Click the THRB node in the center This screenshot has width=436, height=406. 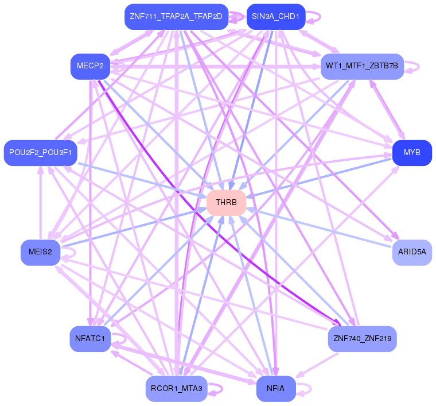tap(226, 203)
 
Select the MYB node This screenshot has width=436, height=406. tap(412, 153)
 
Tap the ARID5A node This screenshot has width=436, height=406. tap(412, 252)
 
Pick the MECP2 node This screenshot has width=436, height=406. tap(90, 67)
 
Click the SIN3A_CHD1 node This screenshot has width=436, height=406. tap(275, 17)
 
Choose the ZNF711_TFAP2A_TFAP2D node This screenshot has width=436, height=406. tap(176, 17)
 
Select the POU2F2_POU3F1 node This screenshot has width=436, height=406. tap(40, 153)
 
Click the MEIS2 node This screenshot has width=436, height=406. tap(40, 252)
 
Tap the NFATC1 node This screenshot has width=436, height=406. tap(90, 339)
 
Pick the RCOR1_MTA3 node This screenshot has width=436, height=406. tap(176, 389)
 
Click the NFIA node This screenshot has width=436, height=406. tap(275, 389)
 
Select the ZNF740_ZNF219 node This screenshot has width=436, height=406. tap(362, 339)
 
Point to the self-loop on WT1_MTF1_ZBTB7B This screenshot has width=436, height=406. tap(418, 67)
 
